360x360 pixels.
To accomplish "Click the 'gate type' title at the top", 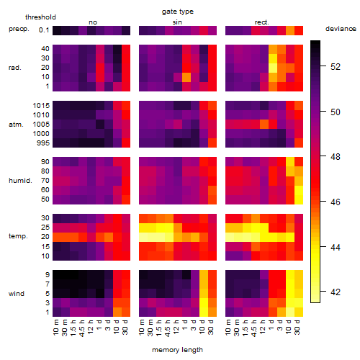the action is pos(178,12).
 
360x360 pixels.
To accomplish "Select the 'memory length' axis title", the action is pos(177,350).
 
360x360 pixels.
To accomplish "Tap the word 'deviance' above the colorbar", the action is pos(341,29).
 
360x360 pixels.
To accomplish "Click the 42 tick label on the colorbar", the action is pos(336,292).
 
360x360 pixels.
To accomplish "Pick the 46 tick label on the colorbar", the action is pos(336,202).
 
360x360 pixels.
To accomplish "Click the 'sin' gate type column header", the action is pos(177,22).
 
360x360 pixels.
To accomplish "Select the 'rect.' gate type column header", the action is pos(261,22).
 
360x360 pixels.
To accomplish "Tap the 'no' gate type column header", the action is pos(93,22).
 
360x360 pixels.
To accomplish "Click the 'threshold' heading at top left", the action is pos(40,17).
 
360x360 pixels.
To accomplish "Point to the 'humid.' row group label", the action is pos(20,181).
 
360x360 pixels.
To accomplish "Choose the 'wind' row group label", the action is pos(17,294).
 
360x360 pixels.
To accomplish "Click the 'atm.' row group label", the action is pos(16,125).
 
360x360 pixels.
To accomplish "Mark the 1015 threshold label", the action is pos(41,106).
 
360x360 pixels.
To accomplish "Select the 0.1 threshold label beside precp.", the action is pos(44,30).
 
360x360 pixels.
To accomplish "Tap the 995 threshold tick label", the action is pos(43,143).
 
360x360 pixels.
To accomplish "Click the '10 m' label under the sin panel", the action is pos(143,327).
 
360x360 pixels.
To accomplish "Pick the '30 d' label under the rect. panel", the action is pos(297,327).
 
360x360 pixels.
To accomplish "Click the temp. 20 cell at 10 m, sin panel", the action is pos(143,237).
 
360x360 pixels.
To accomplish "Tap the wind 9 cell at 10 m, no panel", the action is pos(57,275).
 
